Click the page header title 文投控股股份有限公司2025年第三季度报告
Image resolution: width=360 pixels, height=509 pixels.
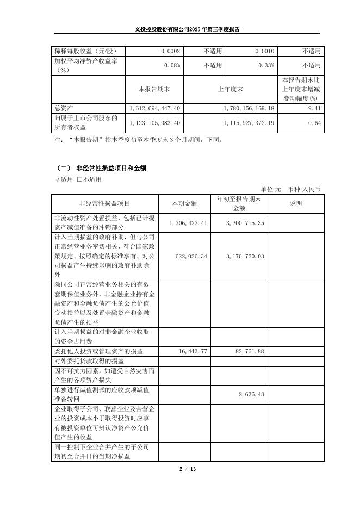pos(180,29)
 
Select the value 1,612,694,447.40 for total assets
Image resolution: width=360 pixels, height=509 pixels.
pos(155,108)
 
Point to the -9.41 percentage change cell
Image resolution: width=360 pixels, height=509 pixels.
pos(312,108)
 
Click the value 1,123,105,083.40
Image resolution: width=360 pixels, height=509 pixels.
pos(155,123)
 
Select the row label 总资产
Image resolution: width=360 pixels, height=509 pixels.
pos(64,108)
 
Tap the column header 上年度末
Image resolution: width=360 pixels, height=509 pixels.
pos(230,88)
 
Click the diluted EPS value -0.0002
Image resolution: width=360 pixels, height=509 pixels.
pos(169,51)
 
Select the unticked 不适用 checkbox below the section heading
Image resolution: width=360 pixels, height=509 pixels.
pos(80,179)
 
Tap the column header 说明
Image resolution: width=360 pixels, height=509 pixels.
pos(295,203)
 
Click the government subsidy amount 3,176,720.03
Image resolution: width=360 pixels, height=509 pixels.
pos(245,256)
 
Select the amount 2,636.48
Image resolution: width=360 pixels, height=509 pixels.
pos(252,394)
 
